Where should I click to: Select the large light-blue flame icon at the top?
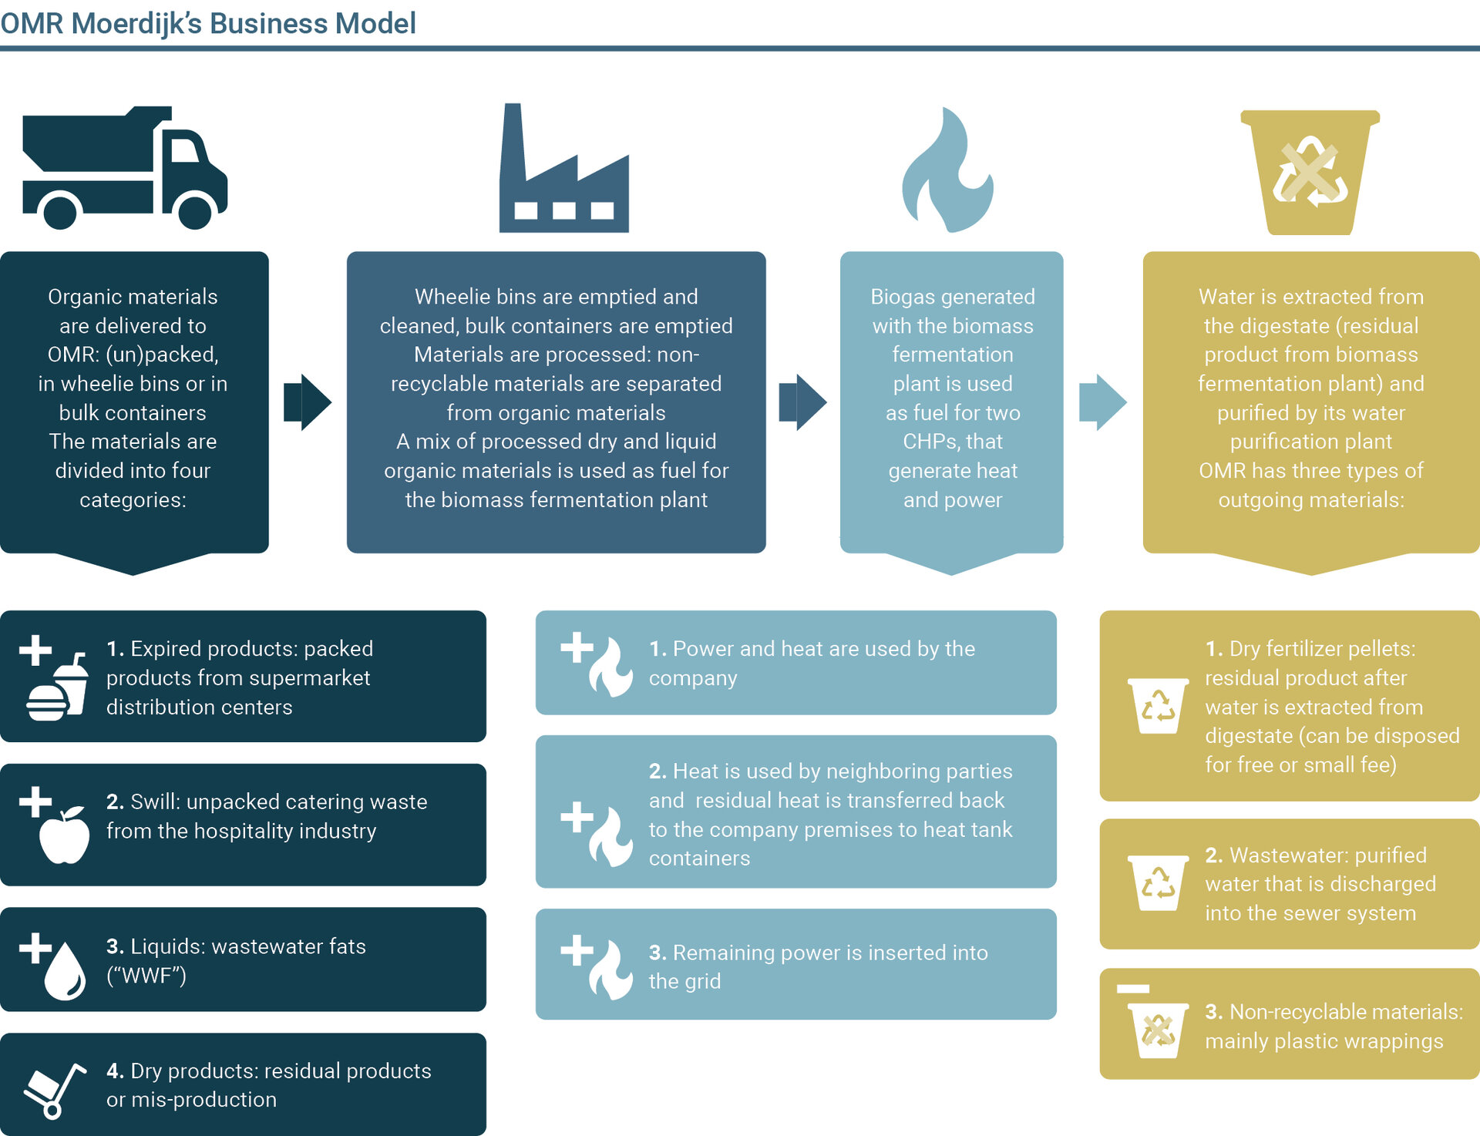click(x=948, y=171)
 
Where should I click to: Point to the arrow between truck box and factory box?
click(x=308, y=402)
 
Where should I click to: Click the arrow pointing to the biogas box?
click(x=802, y=402)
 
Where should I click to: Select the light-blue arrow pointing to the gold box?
click(x=1102, y=402)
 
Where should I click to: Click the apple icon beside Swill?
click(x=65, y=834)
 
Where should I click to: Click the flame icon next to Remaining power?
click(x=610, y=970)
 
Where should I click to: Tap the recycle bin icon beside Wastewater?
click(x=1158, y=883)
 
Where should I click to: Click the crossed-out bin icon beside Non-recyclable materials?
click(x=1158, y=1030)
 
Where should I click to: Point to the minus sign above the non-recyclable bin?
click(x=1133, y=988)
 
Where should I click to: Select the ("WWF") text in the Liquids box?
click(x=146, y=976)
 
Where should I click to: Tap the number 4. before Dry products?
click(x=115, y=1070)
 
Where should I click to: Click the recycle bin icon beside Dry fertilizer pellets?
click(x=1158, y=706)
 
